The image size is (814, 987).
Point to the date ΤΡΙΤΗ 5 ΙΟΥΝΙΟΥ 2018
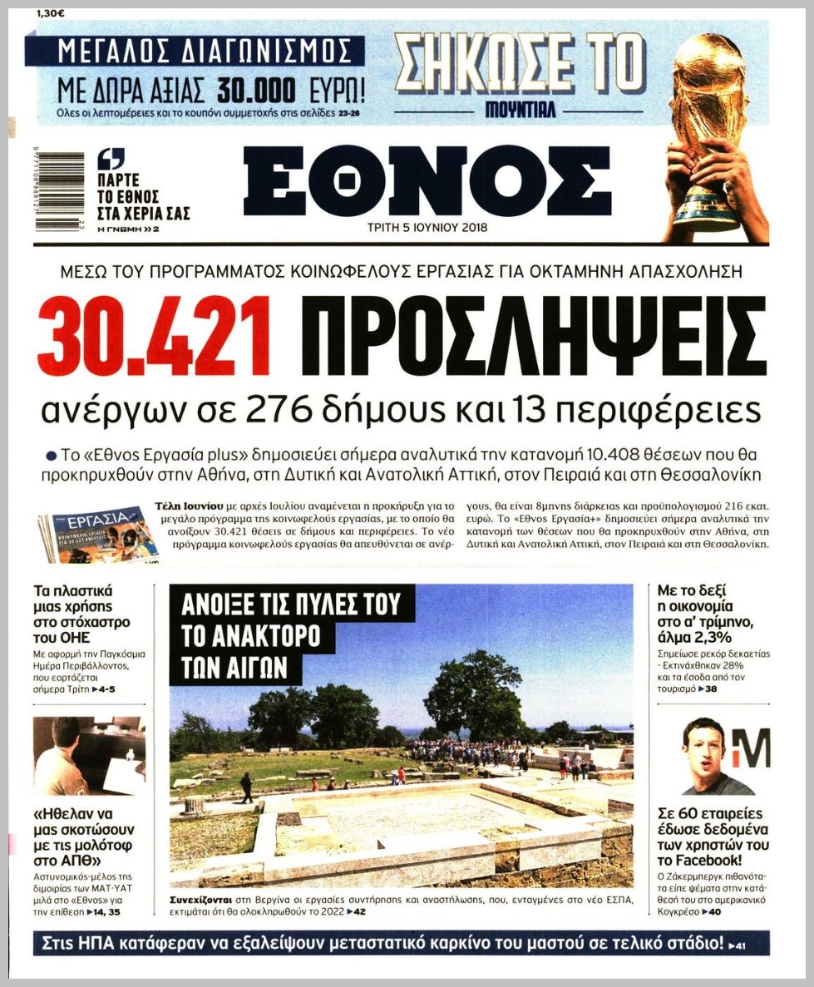point(427,227)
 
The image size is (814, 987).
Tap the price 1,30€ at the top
point(52,13)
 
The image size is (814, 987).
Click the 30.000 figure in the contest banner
point(257,89)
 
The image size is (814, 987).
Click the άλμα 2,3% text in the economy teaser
point(694,637)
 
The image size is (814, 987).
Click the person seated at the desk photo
point(58,761)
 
